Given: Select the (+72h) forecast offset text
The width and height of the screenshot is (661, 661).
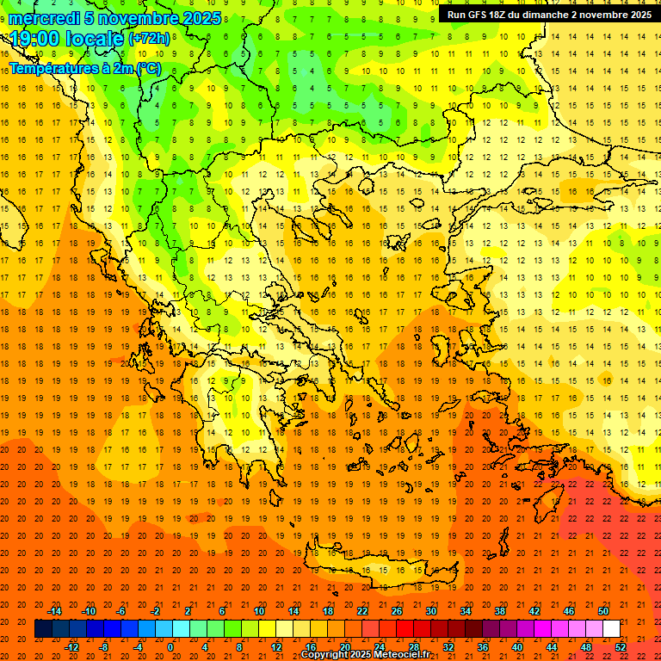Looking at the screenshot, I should coord(150,39).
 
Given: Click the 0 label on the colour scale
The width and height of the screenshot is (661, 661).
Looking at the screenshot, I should coord(170,646).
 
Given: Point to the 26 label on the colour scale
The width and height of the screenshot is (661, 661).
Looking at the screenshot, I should coord(397,610).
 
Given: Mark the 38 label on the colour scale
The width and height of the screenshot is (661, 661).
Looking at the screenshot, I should coord(500,610).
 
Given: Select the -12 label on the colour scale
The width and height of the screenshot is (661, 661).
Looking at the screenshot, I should coord(71,646).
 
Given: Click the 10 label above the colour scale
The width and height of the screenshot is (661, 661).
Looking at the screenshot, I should coord(259,610).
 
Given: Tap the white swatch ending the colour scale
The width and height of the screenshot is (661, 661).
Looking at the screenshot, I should coord(611,628).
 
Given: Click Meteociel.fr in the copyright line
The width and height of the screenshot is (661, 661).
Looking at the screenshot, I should coord(401,655).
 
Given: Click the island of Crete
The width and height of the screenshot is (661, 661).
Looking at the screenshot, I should coord(379,570).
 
